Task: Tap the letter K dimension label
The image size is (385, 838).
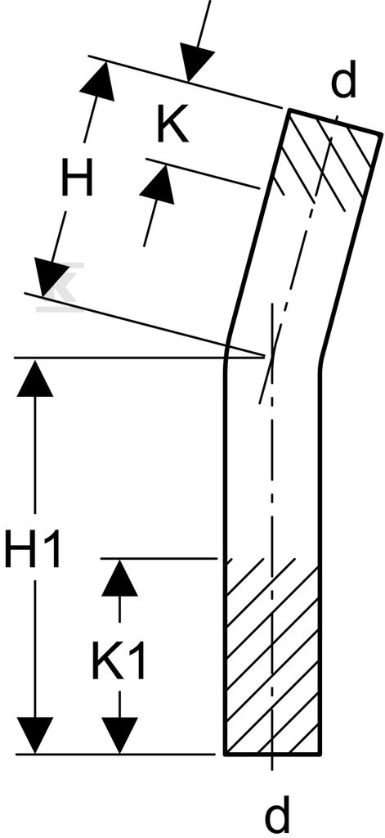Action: point(172,126)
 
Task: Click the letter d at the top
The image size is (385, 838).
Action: point(343,83)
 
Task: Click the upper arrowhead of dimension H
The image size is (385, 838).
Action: point(99,81)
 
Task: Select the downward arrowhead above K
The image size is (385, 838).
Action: point(195,65)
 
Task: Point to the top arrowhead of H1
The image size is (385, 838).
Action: point(35,378)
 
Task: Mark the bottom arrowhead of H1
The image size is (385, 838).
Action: point(35,735)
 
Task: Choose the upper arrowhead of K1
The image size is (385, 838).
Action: point(119,579)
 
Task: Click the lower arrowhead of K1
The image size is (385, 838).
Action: point(119,735)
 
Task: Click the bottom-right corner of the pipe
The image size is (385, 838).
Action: point(320,754)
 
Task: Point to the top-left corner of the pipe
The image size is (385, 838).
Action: point(291,109)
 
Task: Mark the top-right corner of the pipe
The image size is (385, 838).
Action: point(383,133)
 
